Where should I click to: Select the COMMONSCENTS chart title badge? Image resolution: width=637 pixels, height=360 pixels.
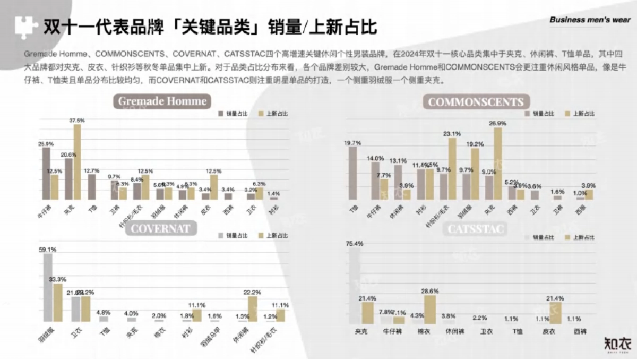[476, 102]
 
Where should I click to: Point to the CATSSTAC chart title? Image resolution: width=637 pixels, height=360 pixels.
[476, 229]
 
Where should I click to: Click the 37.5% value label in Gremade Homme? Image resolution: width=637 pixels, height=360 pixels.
[77, 121]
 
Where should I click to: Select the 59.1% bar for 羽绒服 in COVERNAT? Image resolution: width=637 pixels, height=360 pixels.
[48, 287]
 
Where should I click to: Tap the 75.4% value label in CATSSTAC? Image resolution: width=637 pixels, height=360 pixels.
[355, 244]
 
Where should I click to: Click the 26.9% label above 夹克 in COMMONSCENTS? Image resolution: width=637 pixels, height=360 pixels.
[497, 123]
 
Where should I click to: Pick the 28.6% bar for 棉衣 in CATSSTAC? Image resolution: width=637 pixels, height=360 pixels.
[431, 309]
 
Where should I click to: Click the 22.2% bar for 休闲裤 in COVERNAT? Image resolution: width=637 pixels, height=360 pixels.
[253, 308]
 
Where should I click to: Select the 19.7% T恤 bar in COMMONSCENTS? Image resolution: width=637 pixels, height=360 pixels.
[352, 173]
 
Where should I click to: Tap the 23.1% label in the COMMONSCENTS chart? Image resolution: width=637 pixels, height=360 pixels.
[452, 133]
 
